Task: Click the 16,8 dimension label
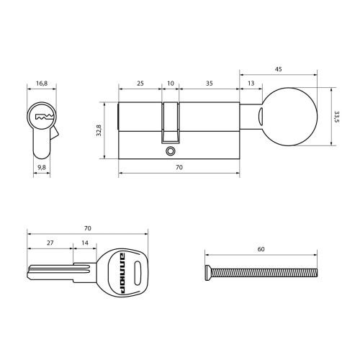pos(42,84)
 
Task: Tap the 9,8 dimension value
pos(42,167)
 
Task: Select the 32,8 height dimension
pos(99,130)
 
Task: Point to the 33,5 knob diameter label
pos(336,117)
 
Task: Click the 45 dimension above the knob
pos(278,69)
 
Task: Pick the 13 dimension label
pos(251,84)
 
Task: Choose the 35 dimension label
pos(210,84)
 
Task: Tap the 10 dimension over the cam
pos(171,84)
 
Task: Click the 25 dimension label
pos(140,84)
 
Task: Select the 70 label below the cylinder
pos(179,167)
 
